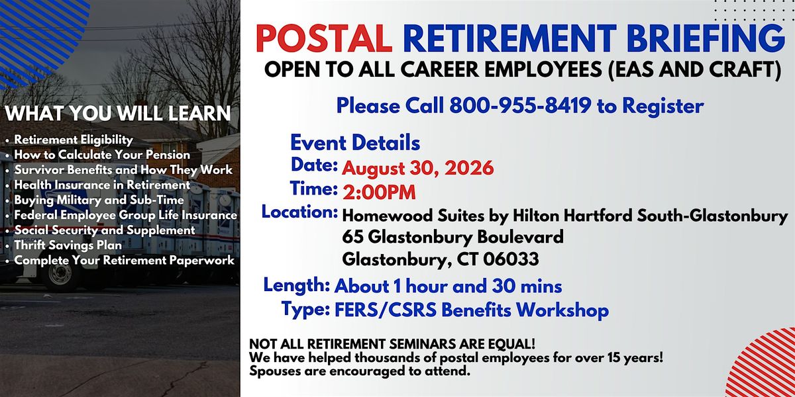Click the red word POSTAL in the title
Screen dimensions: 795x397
pos(324,38)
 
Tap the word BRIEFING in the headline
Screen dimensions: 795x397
pos(706,38)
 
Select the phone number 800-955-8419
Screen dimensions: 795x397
pos(520,105)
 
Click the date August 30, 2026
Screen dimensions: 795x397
pos(418,167)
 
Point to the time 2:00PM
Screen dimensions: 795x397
pos(379,193)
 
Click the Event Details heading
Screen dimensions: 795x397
pos(355,143)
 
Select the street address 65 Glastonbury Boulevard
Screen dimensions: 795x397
pos(453,238)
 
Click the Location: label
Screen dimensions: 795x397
pos(299,212)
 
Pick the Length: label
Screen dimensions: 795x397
pos(297,285)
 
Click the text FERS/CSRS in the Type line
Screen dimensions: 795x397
pos(386,310)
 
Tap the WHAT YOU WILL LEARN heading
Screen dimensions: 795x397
pos(118,113)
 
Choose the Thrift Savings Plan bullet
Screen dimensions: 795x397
pos(68,245)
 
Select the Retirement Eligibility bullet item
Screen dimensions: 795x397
pos(74,140)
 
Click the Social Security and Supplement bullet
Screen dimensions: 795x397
pos(105,230)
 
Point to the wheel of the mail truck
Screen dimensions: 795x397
pos(60,276)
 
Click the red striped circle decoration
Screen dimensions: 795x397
pos(763,365)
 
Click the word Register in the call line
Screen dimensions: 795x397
pos(663,107)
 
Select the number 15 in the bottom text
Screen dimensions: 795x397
pos(613,357)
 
